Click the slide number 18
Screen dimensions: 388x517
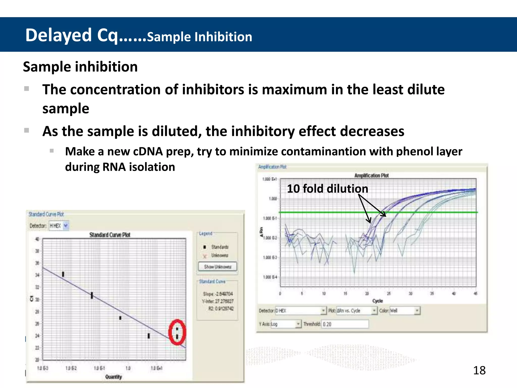(x=479, y=371)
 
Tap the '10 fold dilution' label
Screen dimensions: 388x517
(x=327, y=189)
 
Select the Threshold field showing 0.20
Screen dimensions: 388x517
(x=345, y=324)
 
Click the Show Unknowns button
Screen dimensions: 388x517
(x=217, y=267)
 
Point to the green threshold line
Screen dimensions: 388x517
(x=328, y=212)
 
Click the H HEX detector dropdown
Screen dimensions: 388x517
(x=59, y=226)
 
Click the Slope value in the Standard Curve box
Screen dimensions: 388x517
(x=218, y=294)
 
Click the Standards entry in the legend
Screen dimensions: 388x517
(x=219, y=247)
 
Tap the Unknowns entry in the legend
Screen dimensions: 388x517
(x=219, y=255)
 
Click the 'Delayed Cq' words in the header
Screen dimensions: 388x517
(x=71, y=35)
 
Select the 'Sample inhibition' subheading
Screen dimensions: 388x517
(x=80, y=67)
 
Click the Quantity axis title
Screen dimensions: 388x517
(x=113, y=377)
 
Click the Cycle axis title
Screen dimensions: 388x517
(x=377, y=301)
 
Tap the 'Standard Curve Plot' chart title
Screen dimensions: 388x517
(x=110, y=235)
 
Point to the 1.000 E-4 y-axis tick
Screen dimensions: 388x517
(x=270, y=277)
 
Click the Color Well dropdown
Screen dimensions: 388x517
(x=405, y=311)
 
